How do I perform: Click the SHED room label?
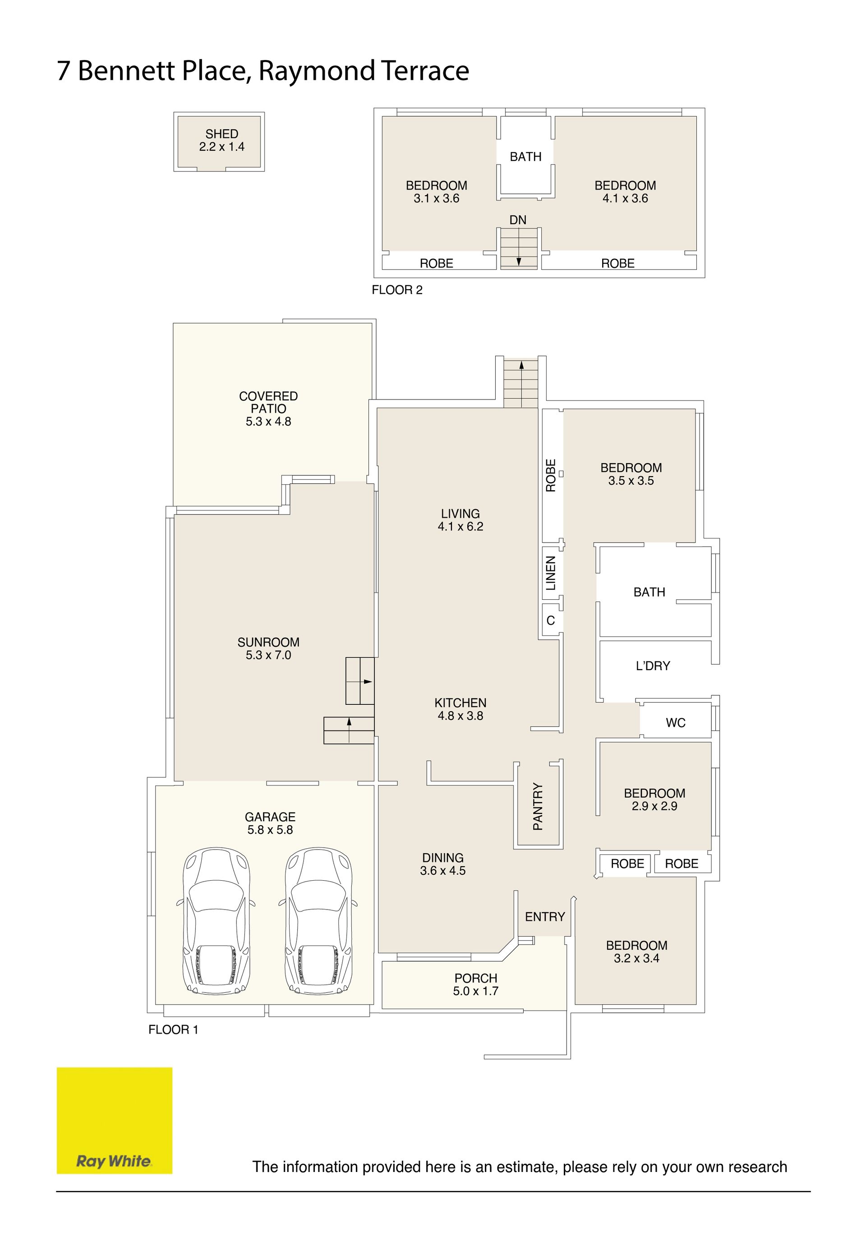click(x=221, y=133)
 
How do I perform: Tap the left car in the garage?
click(x=216, y=920)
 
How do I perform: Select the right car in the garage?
click(x=318, y=920)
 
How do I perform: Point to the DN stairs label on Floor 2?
click(x=517, y=220)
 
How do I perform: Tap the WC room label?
click(x=675, y=722)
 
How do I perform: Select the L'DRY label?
click(x=653, y=666)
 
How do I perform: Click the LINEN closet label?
click(x=550, y=573)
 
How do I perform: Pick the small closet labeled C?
click(x=550, y=620)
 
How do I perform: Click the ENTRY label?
click(x=545, y=916)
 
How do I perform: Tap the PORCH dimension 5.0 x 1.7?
click(x=475, y=991)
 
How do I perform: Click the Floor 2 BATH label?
click(x=525, y=156)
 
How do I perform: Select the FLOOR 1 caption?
click(x=173, y=1029)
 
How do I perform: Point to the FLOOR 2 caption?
click(x=397, y=289)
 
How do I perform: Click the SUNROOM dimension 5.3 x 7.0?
click(x=268, y=655)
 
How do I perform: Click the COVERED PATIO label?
click(x=268, y=402)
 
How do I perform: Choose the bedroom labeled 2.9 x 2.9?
click(x=654, y=799)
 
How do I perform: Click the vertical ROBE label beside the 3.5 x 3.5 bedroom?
click(x=550, y=475)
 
